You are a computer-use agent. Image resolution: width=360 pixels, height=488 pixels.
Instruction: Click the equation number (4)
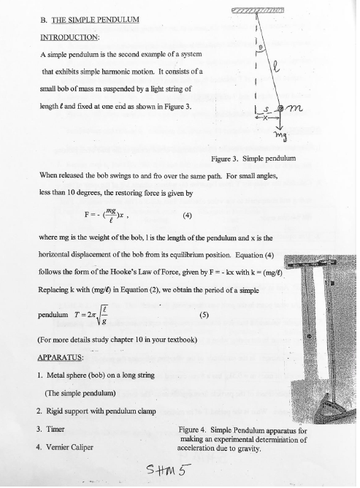188,216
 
